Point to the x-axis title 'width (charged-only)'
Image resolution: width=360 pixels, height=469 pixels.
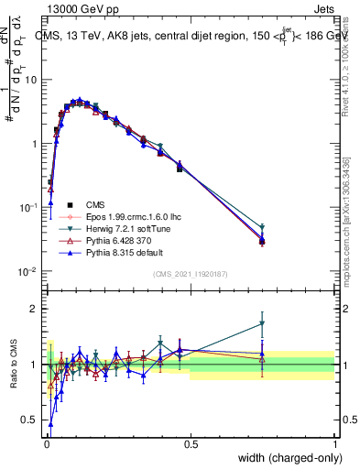283,457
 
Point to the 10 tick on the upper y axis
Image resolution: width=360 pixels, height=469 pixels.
30,80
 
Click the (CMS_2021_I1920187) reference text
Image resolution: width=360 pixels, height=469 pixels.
191,275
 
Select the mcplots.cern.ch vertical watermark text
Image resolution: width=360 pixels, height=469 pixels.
349,211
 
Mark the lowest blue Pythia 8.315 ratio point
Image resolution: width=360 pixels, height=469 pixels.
50,424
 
